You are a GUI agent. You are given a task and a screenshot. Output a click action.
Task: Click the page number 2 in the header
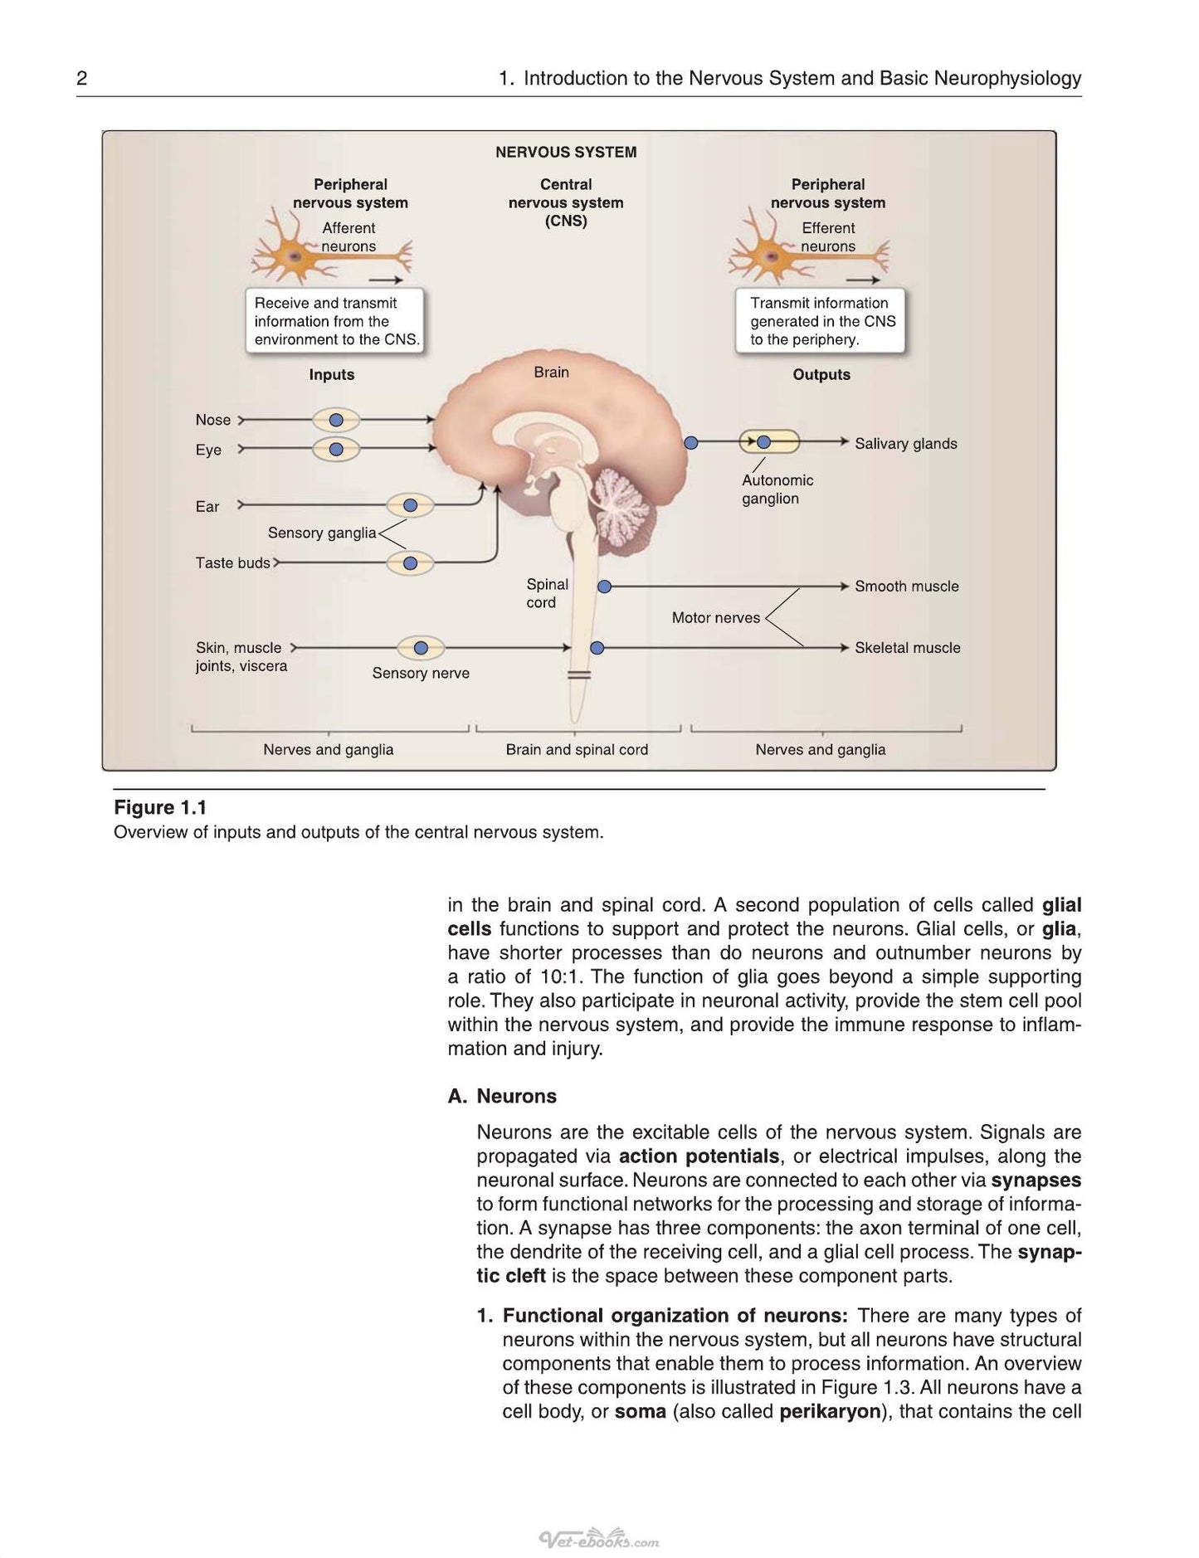tap(81, 79)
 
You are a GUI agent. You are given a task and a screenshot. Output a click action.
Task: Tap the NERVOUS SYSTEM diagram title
tap(566, 153)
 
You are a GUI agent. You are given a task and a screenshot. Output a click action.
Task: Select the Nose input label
tap(213, 420)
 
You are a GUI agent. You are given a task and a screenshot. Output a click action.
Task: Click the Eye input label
tap(208, 450)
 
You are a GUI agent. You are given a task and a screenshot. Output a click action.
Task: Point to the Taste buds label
tap(232, 562)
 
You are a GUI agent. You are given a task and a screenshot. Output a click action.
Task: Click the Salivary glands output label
tap(906, 444)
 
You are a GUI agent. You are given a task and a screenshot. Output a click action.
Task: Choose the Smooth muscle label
tap(907, 587)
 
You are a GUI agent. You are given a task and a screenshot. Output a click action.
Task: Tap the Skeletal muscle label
tap(908, 648)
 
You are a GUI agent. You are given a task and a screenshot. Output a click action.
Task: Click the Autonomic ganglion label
tap(777, 489)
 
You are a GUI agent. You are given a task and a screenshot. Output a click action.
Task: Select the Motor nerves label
tap(716, 618)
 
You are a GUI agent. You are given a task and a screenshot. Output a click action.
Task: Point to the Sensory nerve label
tap(421, 673)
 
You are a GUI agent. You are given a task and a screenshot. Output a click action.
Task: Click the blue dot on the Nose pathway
tap(336, 420)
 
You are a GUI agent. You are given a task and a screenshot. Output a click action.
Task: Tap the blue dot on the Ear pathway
tap(410, 505)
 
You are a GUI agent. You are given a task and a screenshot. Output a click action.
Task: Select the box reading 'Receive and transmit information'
tap(335, 322)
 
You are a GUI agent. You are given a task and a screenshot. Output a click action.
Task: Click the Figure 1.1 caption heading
tap(160, 808)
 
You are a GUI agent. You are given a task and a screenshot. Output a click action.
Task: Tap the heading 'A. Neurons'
tap(502, 1096)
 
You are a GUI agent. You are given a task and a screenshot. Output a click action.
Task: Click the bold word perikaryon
tap(830, 1411)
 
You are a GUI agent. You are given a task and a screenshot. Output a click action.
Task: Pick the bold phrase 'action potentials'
tap(699, 1156)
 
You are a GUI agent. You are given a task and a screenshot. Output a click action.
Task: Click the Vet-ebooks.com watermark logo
tap(599, 1540)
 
